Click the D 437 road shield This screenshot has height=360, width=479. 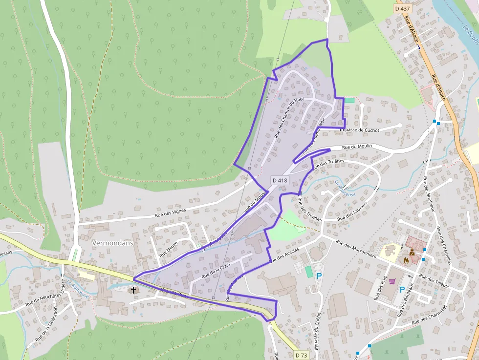click(x=402, y=8)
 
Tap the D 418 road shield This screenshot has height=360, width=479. click(x=280, y=180)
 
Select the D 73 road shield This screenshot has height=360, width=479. click(x=302, y=355)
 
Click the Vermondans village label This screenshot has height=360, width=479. click(x=113, y=243)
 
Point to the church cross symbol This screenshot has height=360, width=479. click(x=133, y=290)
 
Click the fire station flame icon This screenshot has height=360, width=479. click(x=406, y=260)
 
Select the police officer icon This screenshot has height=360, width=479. click(x=413, y=252)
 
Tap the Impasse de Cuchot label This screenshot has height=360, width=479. click(x=359, y=130)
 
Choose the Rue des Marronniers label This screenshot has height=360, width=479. click(x=355, y=248)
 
